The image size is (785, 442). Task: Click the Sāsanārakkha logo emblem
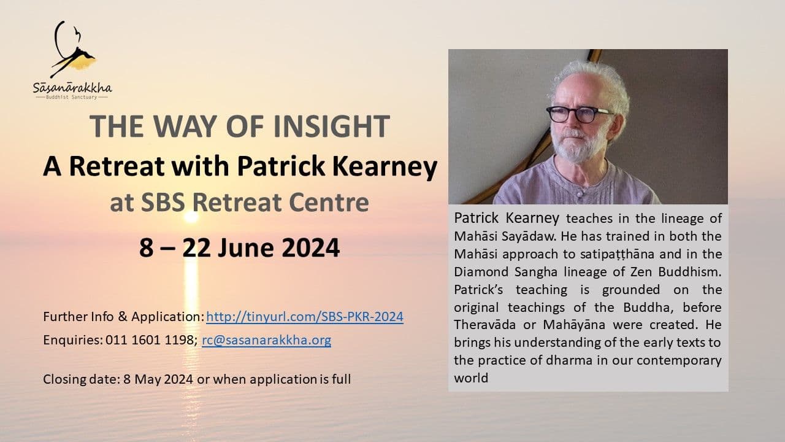pyautogui.click(x=73, y=49)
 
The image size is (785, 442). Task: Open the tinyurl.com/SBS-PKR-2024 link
pyautogui.click(x=305, y=317)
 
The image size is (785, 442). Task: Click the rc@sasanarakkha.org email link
pyautogui.click(x=266, y=340)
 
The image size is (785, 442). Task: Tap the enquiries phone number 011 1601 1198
pyautogui.click(x=150, y=340)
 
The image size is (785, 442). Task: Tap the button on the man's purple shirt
pyautogui.click(x=580, y=194)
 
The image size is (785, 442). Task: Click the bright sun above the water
pyautogui.click(x=191, y=217)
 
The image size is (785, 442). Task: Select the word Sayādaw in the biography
pyautogui.click(x=529, y=236)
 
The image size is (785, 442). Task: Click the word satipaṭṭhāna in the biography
pyautogui.click(x=617, y=254)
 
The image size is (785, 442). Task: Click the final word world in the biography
pyautogui.click(x=471, y=378)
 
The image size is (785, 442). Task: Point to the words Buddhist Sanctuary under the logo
pyautogui.click(x=72, y=97)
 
